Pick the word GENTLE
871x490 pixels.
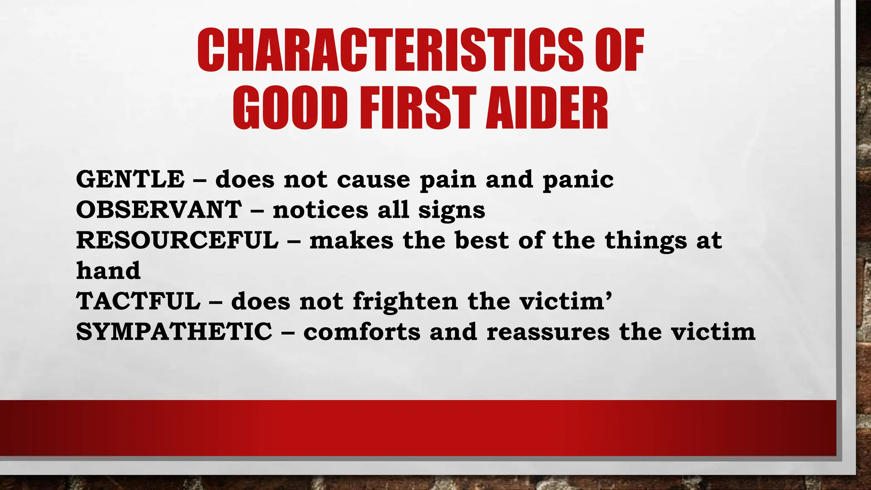coord(130,179)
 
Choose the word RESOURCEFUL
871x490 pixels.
coord(177,240)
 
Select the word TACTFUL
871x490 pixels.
coord(138,301)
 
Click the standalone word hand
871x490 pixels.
coord(108,271)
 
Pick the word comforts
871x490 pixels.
coord(362,332)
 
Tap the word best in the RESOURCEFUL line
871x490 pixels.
coord(482,240)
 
